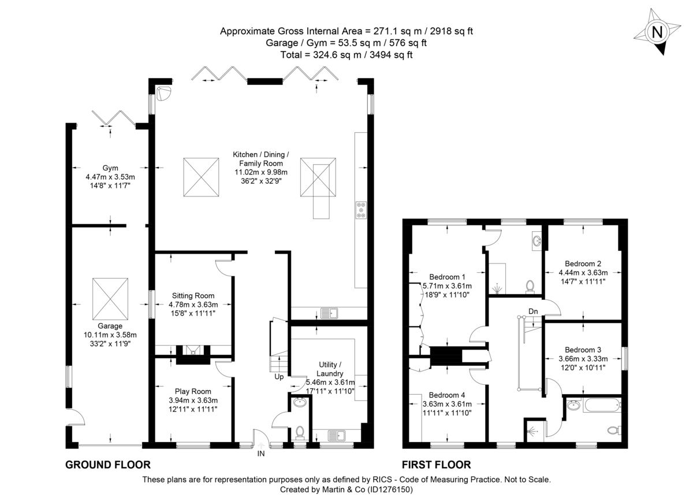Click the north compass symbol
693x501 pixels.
(x=656, y=33)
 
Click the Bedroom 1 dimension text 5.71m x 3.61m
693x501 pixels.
(x=447, y=286)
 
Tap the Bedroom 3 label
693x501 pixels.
(x=583, y=350)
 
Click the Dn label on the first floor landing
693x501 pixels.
(x=533, y=311)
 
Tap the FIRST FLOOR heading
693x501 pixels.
(x=437, y=465)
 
